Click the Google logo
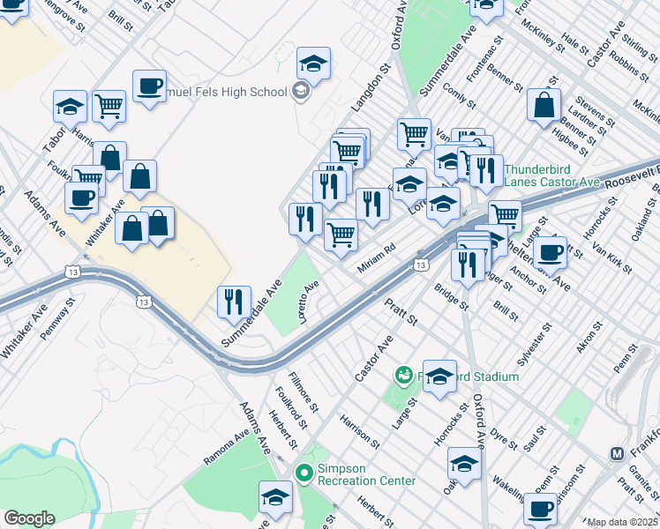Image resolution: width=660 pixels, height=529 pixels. (x=29, y=518)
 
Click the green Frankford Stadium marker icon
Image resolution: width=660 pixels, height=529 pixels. (x=404, y=376)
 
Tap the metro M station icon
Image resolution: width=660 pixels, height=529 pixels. (x=619, y=453)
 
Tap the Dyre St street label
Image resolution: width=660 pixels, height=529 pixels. (x=505, y=435)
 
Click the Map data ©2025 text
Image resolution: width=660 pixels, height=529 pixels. (x=623, y=522)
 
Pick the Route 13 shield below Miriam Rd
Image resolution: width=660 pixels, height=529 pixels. (x=421, y=264)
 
